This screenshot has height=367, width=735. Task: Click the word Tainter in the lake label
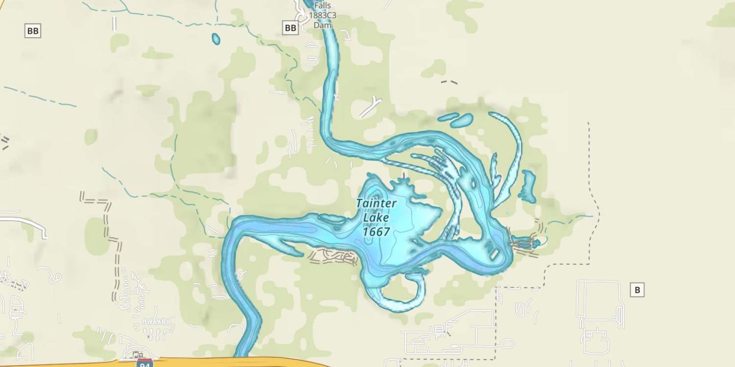pyautogui.click(x=376, y=203)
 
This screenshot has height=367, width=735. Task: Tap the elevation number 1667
pyautogui.click(x=376, y=231)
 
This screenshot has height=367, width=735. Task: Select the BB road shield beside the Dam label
pyautogui.click(x=291, y=28)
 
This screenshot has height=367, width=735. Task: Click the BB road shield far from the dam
pyautogui.click(x=33, y=31)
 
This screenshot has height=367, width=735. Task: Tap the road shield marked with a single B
pyautogui.click(x=637, y=290)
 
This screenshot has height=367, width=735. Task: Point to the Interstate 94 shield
pyautogui.click(x=145, y=363)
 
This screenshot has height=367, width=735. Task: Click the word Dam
pyautogui.click(x=319, y=25)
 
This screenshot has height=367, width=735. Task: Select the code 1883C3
pyautogui.click(x=322, y=16)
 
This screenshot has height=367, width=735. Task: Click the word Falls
pyautogui.click(x=322, y=6)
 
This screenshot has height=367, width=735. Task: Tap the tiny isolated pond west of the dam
pyautogui.click(x=216, y=39)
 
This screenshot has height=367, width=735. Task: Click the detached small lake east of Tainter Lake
pyautogui.click(x=528, y=186)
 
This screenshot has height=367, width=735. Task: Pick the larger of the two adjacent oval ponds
pyautogui.click(x=462, y=120)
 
